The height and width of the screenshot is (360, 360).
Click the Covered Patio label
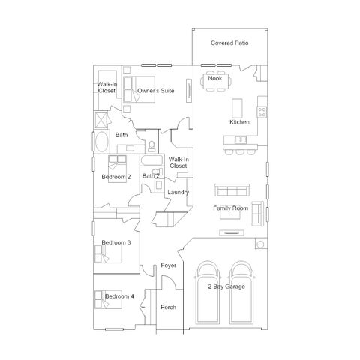pyautogui.click(x=229, y=43)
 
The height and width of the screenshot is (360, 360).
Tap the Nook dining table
pyautogui.click(x=215, y=81)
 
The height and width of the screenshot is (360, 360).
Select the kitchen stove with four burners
pyautogui.click(x=262, y=112)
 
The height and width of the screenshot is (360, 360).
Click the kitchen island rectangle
pyautogui.click(x=237, y=108)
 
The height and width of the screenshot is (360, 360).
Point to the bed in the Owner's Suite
pyautogui.click(x=139, y=89)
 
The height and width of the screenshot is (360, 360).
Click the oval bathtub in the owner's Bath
pyautogui.click(x=101, y=142)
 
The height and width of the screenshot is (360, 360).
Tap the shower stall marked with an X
pyautogui.click(x=100, y=120)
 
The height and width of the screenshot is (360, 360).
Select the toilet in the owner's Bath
pyautogui.click(x=151, y=147)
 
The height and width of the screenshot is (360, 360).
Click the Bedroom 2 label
pyautogui.click(x=116, y=177)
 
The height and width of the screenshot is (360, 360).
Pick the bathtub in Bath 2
pyautogui.click(x=151, y=160)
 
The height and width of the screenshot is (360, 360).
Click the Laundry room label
pyautogui.click(x=178, y=192)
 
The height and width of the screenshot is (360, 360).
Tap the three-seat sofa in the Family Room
pyautogui.click(x=232, y=190)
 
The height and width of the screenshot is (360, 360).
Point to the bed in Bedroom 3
pyautogui.click(x=108, y=253)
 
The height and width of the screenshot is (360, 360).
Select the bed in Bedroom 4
pyautogui.click(x=108, y=299)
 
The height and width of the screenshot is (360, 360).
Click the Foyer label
pyautogui.click(x=169, y=265)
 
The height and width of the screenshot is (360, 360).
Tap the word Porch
pyautogui.click(x=168, y=307)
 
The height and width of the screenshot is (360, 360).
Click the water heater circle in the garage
pyautogui.click(x=260, y=244)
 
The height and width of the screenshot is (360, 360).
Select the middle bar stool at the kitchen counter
pyautogui.click(x=240, y=152)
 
